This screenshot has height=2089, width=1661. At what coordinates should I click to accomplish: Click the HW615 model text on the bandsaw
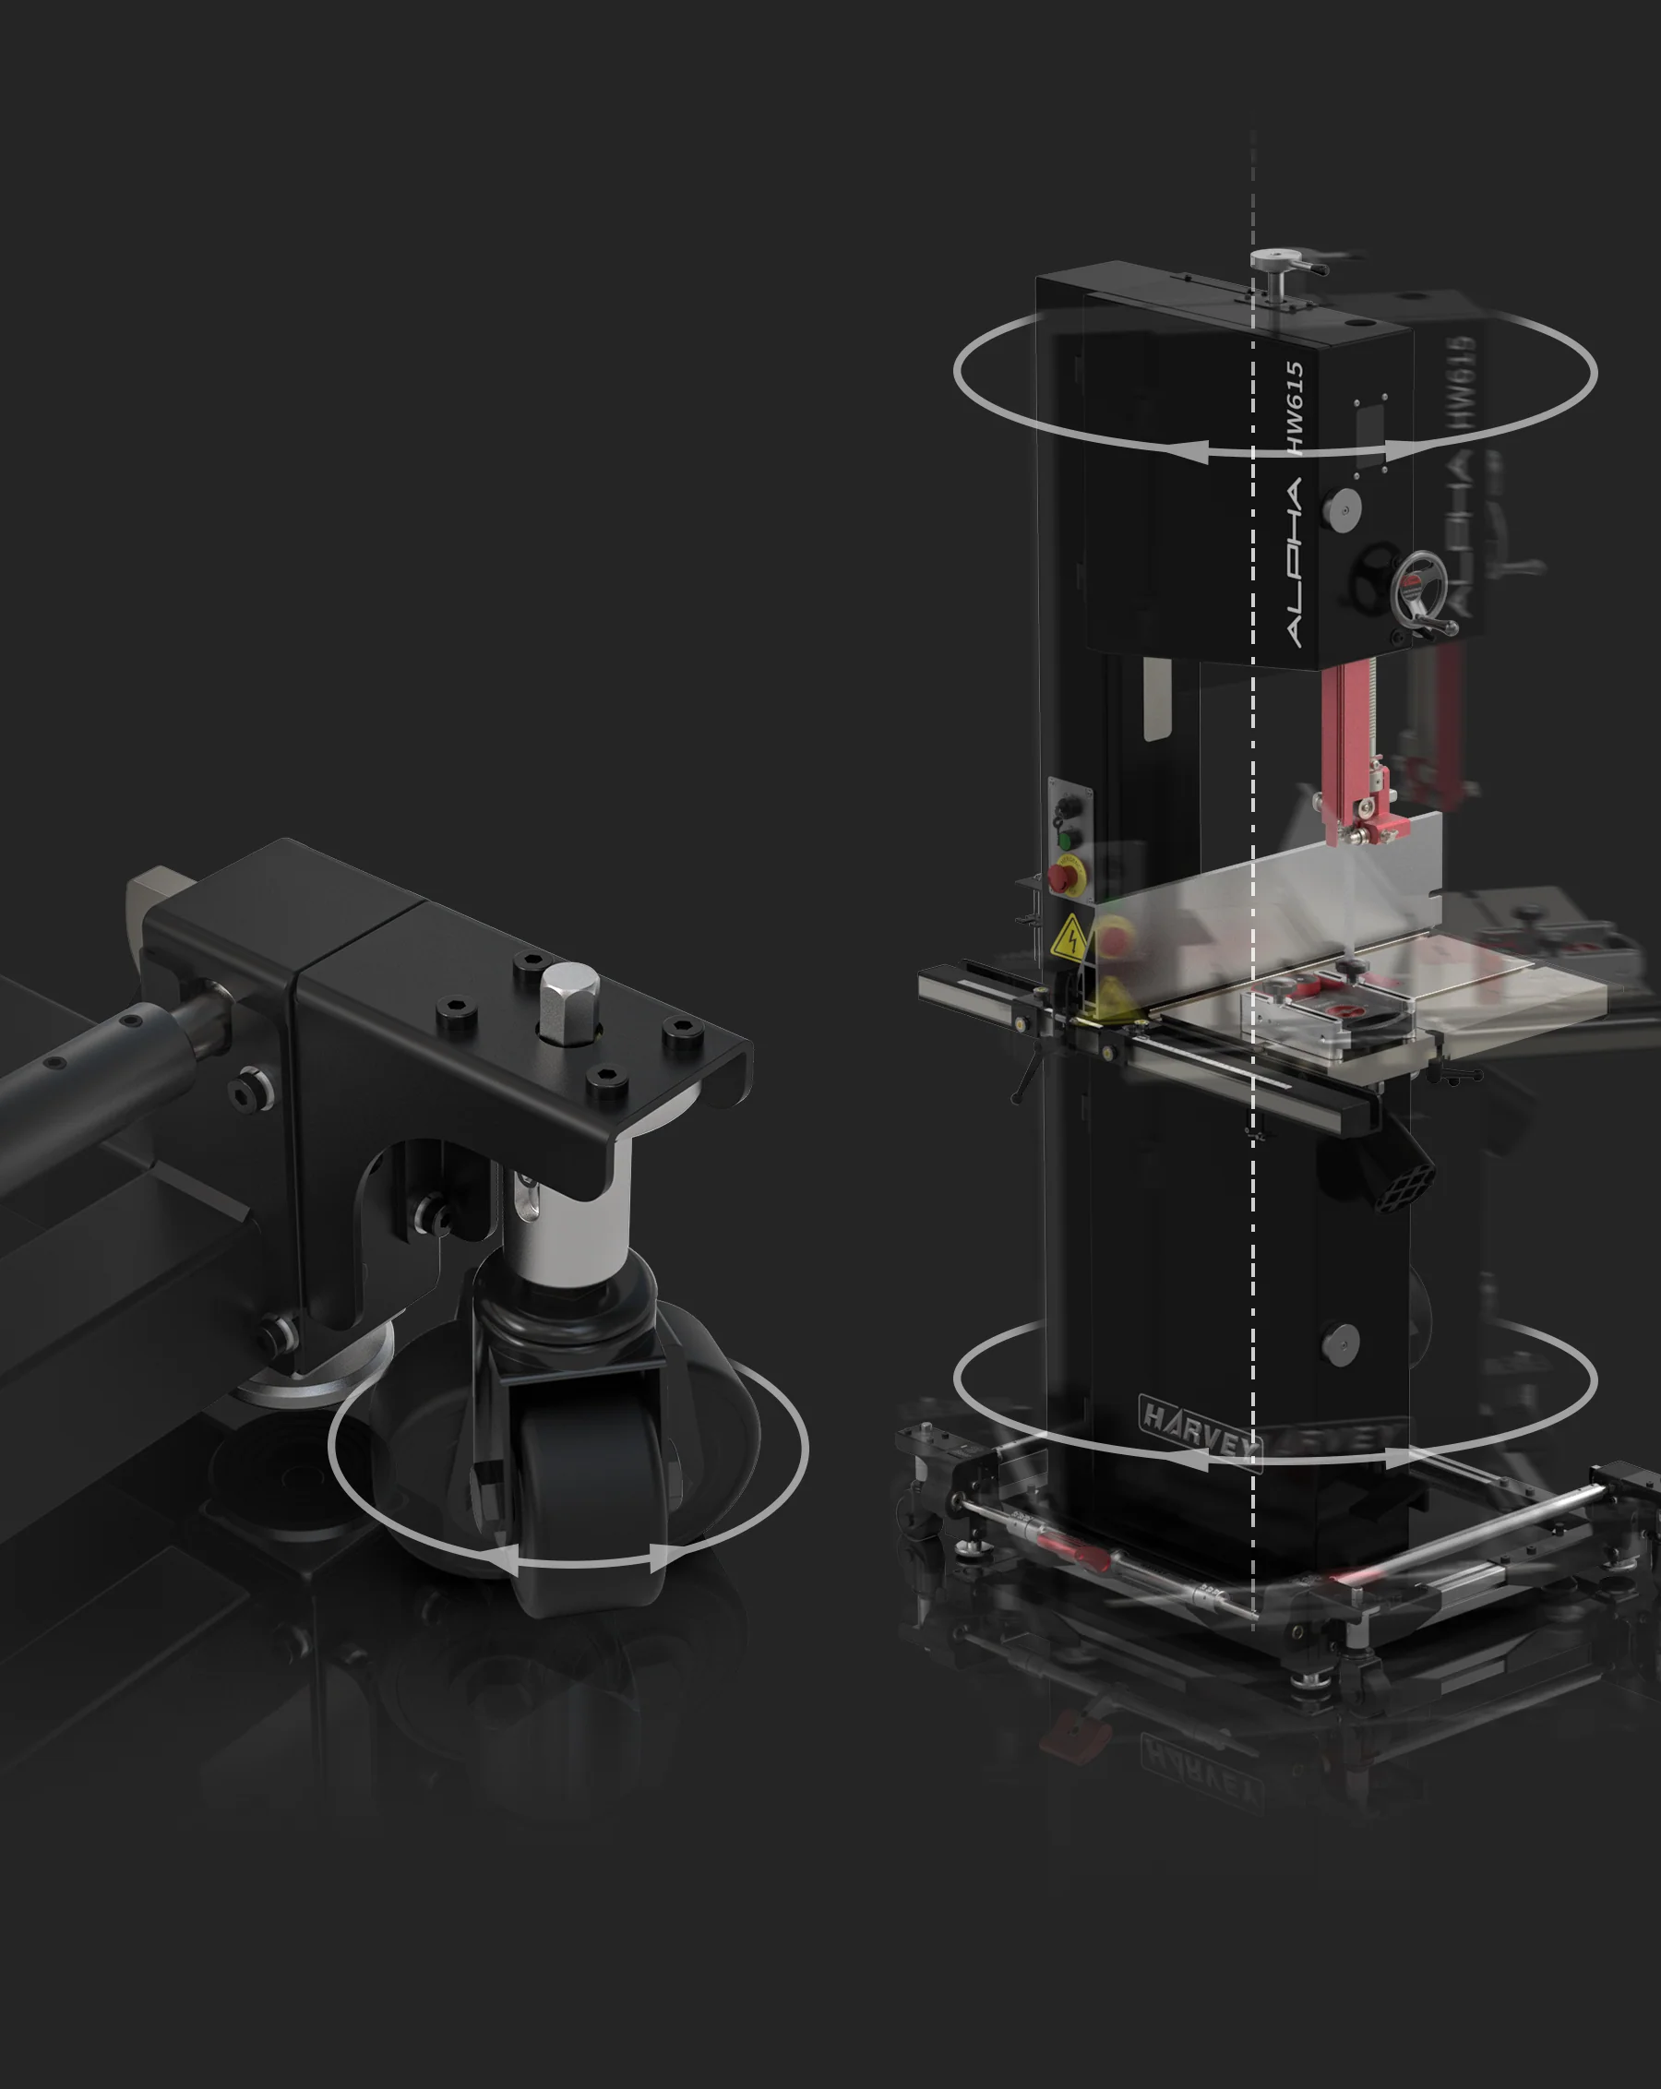(1296, 407)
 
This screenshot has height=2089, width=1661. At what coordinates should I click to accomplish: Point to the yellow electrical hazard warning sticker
(1069, 937)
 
